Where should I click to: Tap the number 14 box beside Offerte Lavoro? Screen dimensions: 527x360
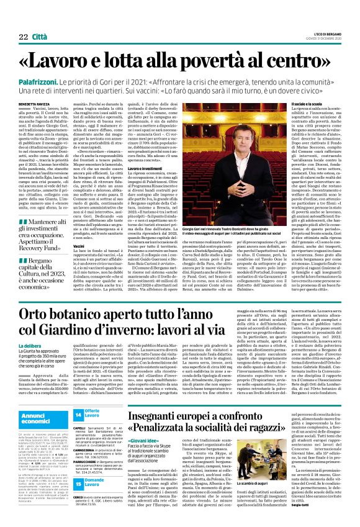78,413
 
